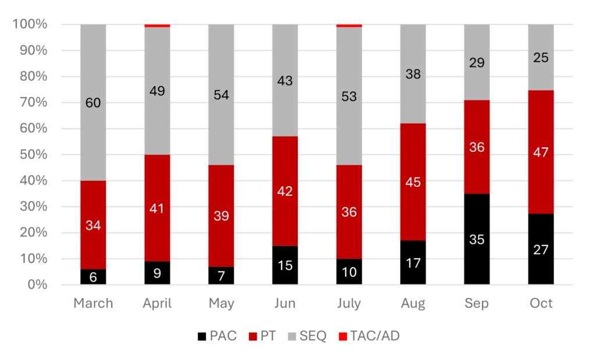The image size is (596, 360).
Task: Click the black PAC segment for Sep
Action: [x=477, y=239]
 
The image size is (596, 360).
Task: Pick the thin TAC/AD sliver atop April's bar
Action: [x=157, y=26]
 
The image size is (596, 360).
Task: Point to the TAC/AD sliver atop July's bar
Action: [x=349, y=26]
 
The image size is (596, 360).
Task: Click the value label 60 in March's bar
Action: [x=93, y=104]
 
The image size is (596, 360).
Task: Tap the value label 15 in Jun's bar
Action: [x=285, y=266]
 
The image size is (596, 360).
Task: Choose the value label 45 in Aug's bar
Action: [x=413, y=182]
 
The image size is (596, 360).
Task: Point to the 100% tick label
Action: [x=30, y=24]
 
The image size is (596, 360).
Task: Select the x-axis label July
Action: [x=349, y=304]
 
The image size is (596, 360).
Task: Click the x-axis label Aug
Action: [x=413, y=304]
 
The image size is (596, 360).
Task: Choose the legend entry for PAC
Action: [x=217, y=336]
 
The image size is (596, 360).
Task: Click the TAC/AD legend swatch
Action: [x=343, y=336]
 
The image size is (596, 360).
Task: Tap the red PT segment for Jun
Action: [x=285, y=191]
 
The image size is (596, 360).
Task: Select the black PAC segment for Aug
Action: [x=413, y=262]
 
